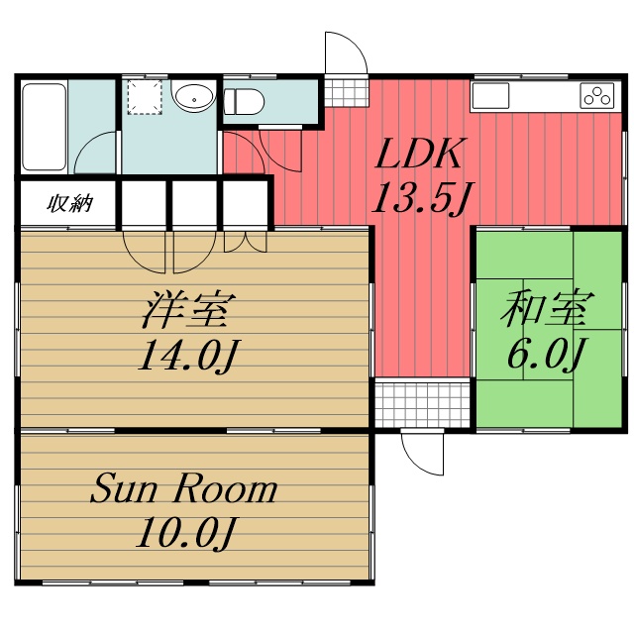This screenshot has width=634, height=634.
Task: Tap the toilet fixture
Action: pos(245,101)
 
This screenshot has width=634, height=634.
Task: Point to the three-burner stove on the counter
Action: pos(598,96)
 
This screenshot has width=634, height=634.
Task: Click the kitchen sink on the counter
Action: pos(490,96)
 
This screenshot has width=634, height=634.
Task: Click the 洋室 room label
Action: pos(187,311)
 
